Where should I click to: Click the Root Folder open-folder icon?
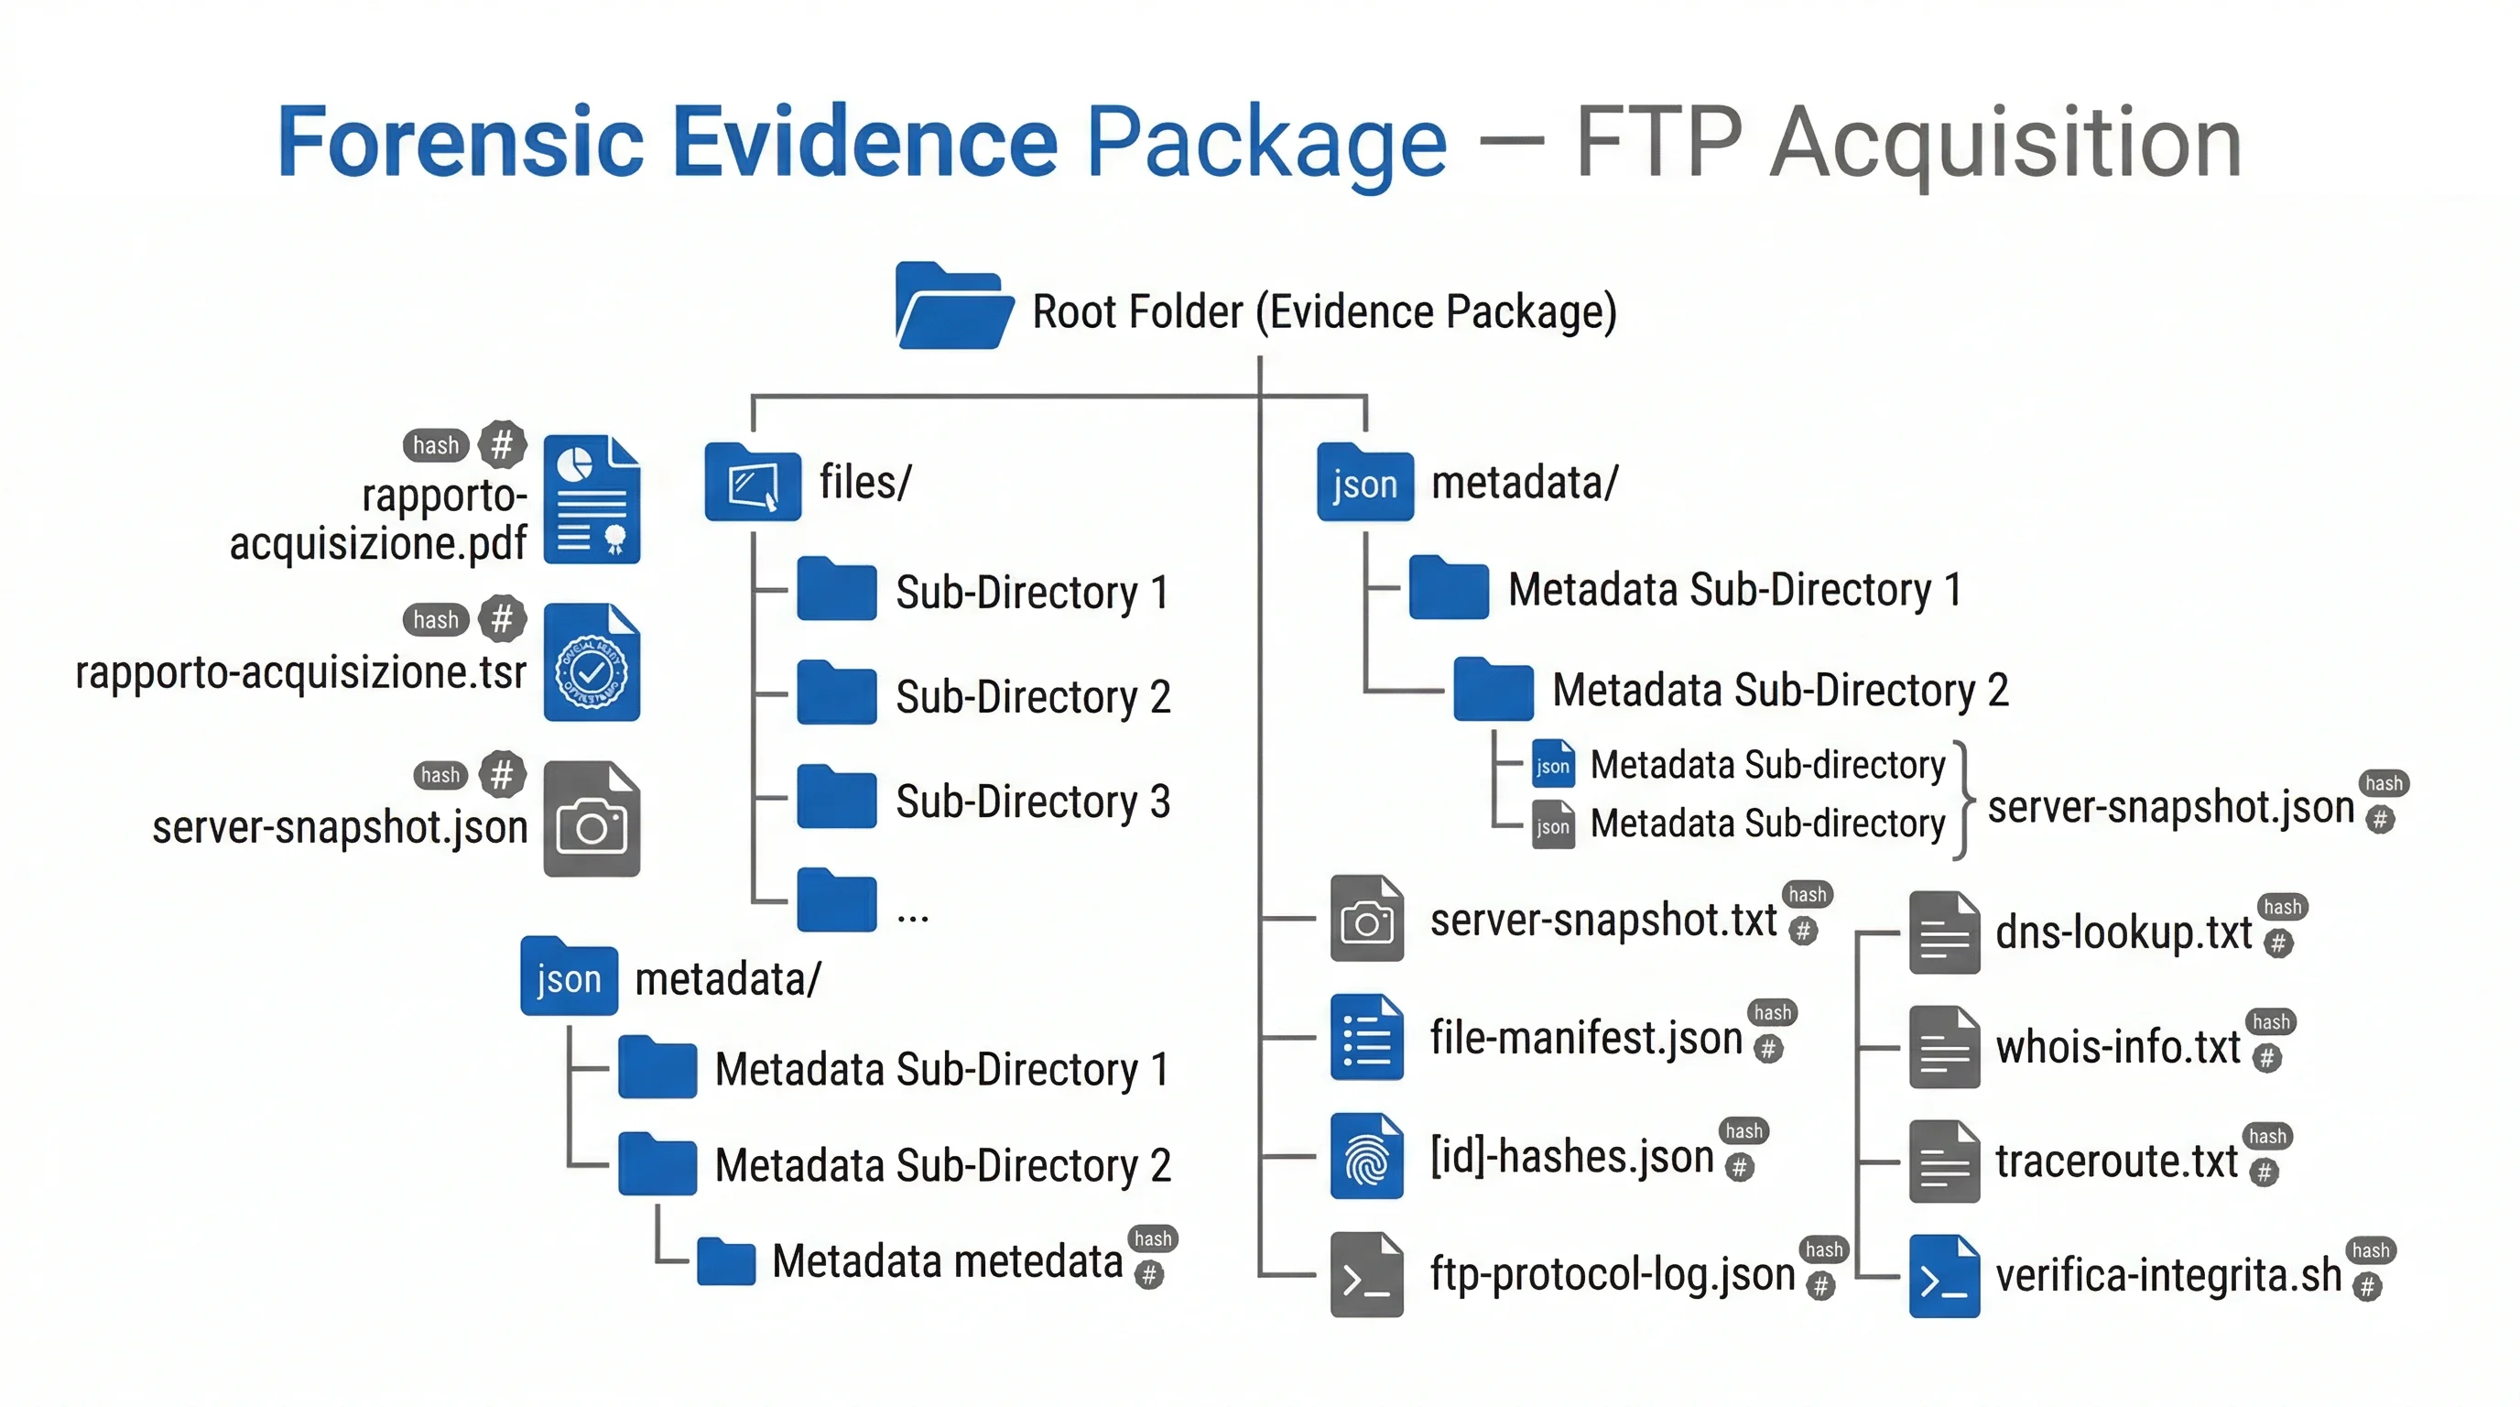tap(954, 306)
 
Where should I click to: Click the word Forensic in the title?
tap(460, 143)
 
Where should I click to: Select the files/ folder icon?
tap(753, 483)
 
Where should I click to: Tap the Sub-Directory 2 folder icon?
tap(836, 693)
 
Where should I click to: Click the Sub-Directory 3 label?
tap(1032, 802)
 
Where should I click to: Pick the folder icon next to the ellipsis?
tap(836, 901)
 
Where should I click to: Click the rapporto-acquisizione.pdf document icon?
tap(592, 500)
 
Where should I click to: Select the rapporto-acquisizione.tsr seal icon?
tap(592, 663)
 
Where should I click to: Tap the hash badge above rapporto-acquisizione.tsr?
tap(435, 619)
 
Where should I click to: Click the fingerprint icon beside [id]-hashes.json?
tap(1366, 1157)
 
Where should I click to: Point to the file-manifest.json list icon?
tap(1366, 1038)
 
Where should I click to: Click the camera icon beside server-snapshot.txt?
tap(1366, 920)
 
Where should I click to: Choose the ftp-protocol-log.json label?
tap(1612, 1275)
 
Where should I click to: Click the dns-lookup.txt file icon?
tap(1944, 933)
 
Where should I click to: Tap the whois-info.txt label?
tap(2117, 1047)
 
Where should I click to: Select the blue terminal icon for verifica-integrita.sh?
tap(1944, 1277)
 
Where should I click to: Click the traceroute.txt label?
tap(2116, 1162)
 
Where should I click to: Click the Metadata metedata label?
tap(947, 1261)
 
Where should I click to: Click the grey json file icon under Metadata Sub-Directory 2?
tap(1552, 824)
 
